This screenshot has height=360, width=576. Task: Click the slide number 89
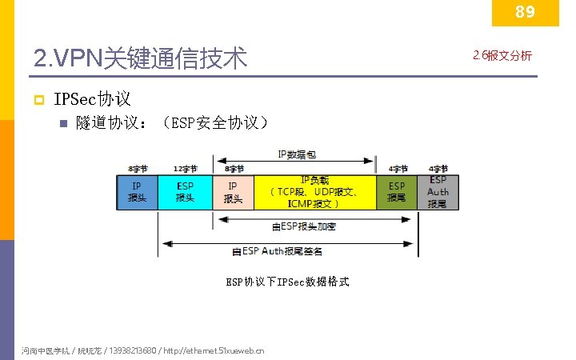click(x=525, y=12)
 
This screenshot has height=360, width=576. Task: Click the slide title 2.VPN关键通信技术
click(x=141, y=58)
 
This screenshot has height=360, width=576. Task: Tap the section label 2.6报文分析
click(x=502, y=55)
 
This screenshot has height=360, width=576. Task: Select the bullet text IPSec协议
click(x=92, y=100)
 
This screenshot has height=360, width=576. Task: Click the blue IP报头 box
click(x=137, y=192)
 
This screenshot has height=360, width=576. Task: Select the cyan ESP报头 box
click(x=185, y=192)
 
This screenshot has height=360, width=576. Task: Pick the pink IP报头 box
click(x=233, y=192)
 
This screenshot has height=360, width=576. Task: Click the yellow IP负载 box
click(x=314, y=192)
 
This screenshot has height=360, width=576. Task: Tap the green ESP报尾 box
click(x=397, y=192)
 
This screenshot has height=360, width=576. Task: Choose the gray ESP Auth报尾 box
click(x=438, y=192)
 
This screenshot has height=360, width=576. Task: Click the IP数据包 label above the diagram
click(x=295, y=154)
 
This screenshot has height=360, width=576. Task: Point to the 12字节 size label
click(x=185, y=170)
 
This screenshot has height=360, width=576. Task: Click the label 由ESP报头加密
click(x=304, y=227)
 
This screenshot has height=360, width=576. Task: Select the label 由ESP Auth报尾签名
click(x=278, y=251)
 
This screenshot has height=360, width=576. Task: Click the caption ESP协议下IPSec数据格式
click(x=287, y=282)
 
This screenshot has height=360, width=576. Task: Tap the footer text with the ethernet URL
click(x=145, y=350)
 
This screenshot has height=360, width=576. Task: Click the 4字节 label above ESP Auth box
click(x=438, y=170)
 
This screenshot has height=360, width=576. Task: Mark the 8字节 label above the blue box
click(x=137, y=170)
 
